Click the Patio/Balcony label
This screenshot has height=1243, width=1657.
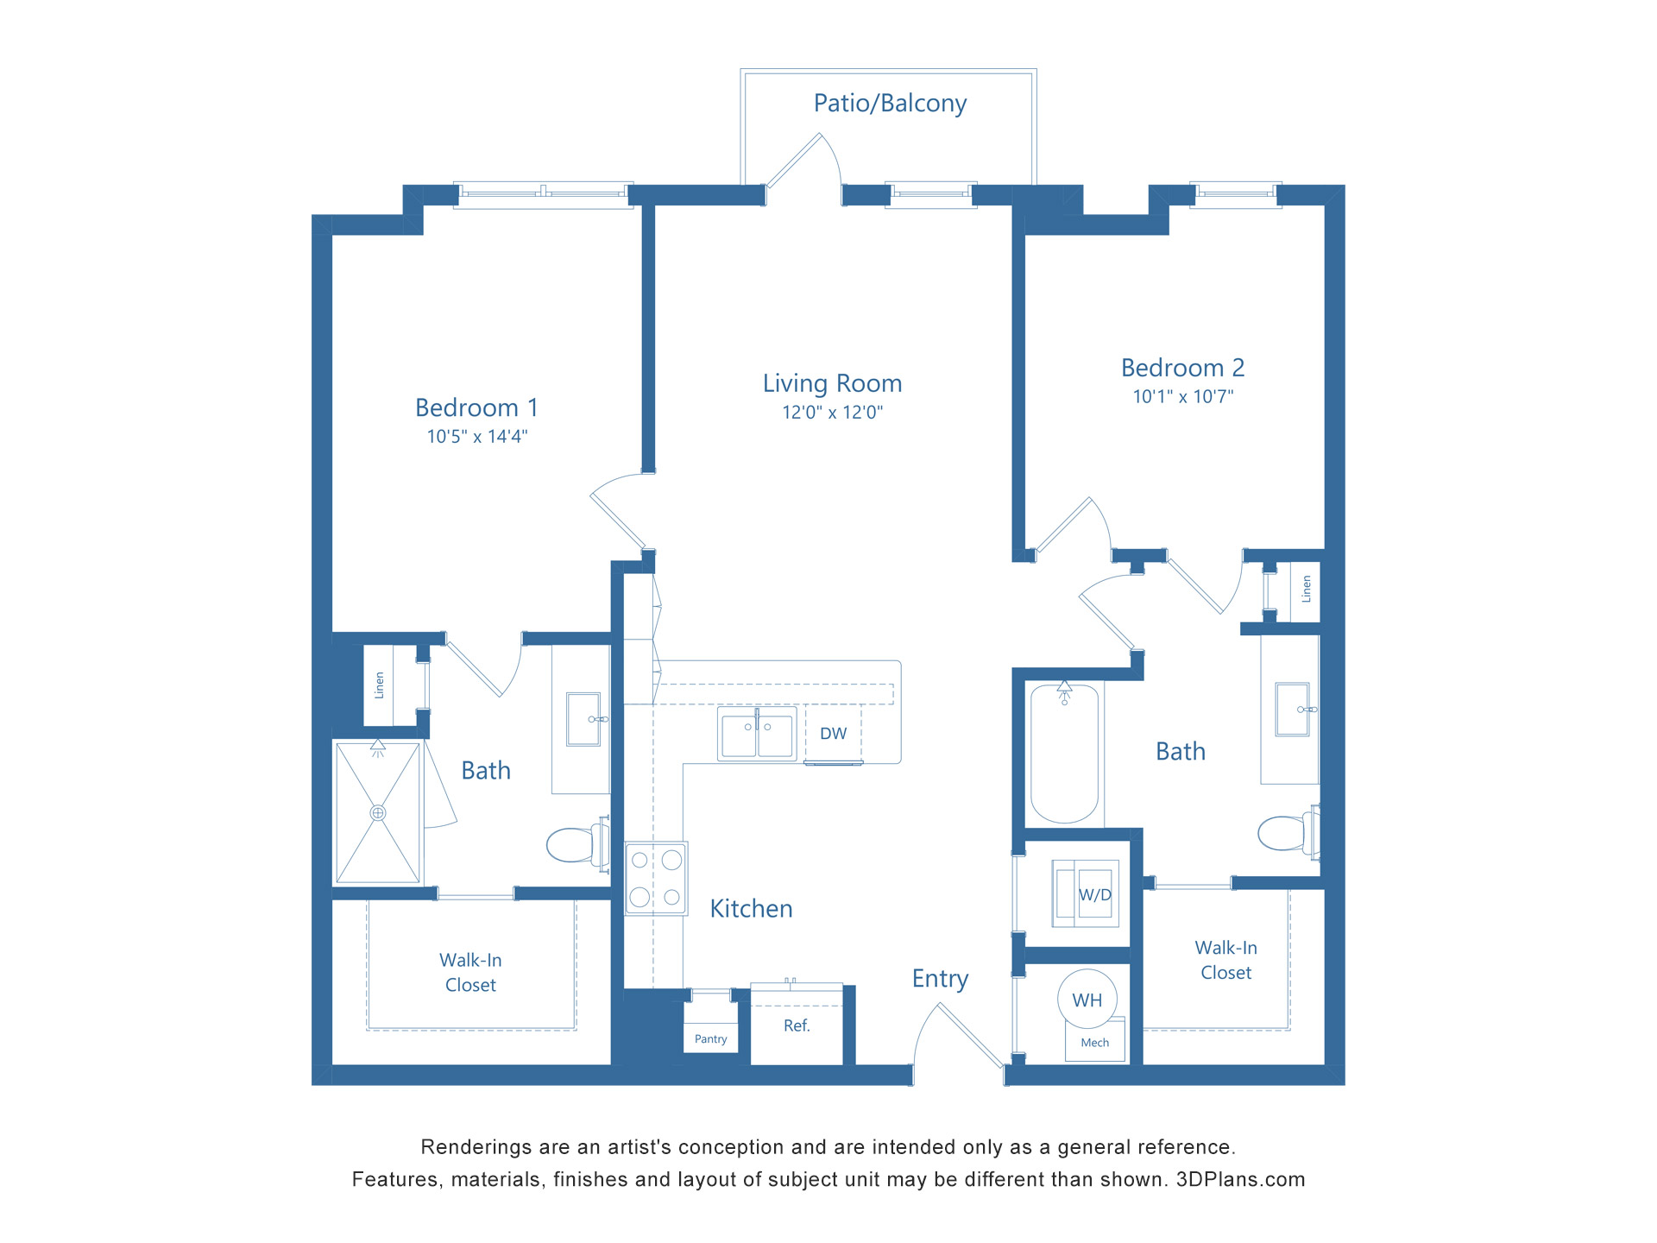[x=890, y=104]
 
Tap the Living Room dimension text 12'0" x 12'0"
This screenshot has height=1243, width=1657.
[x=832, y=413]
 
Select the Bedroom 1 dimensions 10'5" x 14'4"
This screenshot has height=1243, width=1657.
[x=476, y=437]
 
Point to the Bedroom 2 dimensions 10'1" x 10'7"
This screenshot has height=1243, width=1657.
[x=1182, y=397]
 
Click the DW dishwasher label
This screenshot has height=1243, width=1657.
[x=833, y=734]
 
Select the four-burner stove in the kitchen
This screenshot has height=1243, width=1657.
[x=656, y=879]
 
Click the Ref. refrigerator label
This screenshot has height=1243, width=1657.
[x=797, y=1025]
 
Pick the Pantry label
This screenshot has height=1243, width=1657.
[x=710, y=1039]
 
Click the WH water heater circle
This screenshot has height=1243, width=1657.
[x=1087, y=1000]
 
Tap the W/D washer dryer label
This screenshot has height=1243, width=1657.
[x=1094, y=895]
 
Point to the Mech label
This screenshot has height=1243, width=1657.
[x=1094, y=1043]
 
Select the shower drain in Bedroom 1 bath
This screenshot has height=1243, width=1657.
[x=378, y=813]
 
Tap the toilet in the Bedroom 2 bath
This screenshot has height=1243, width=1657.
[x=1284, y=833]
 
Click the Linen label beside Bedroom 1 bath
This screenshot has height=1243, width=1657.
[x=379, y=685]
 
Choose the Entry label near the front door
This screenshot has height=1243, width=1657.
[x=940, y=979]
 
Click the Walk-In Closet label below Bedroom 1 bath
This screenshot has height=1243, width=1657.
[x=470, y=973]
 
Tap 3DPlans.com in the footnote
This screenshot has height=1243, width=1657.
[x=1240, y=1180]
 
